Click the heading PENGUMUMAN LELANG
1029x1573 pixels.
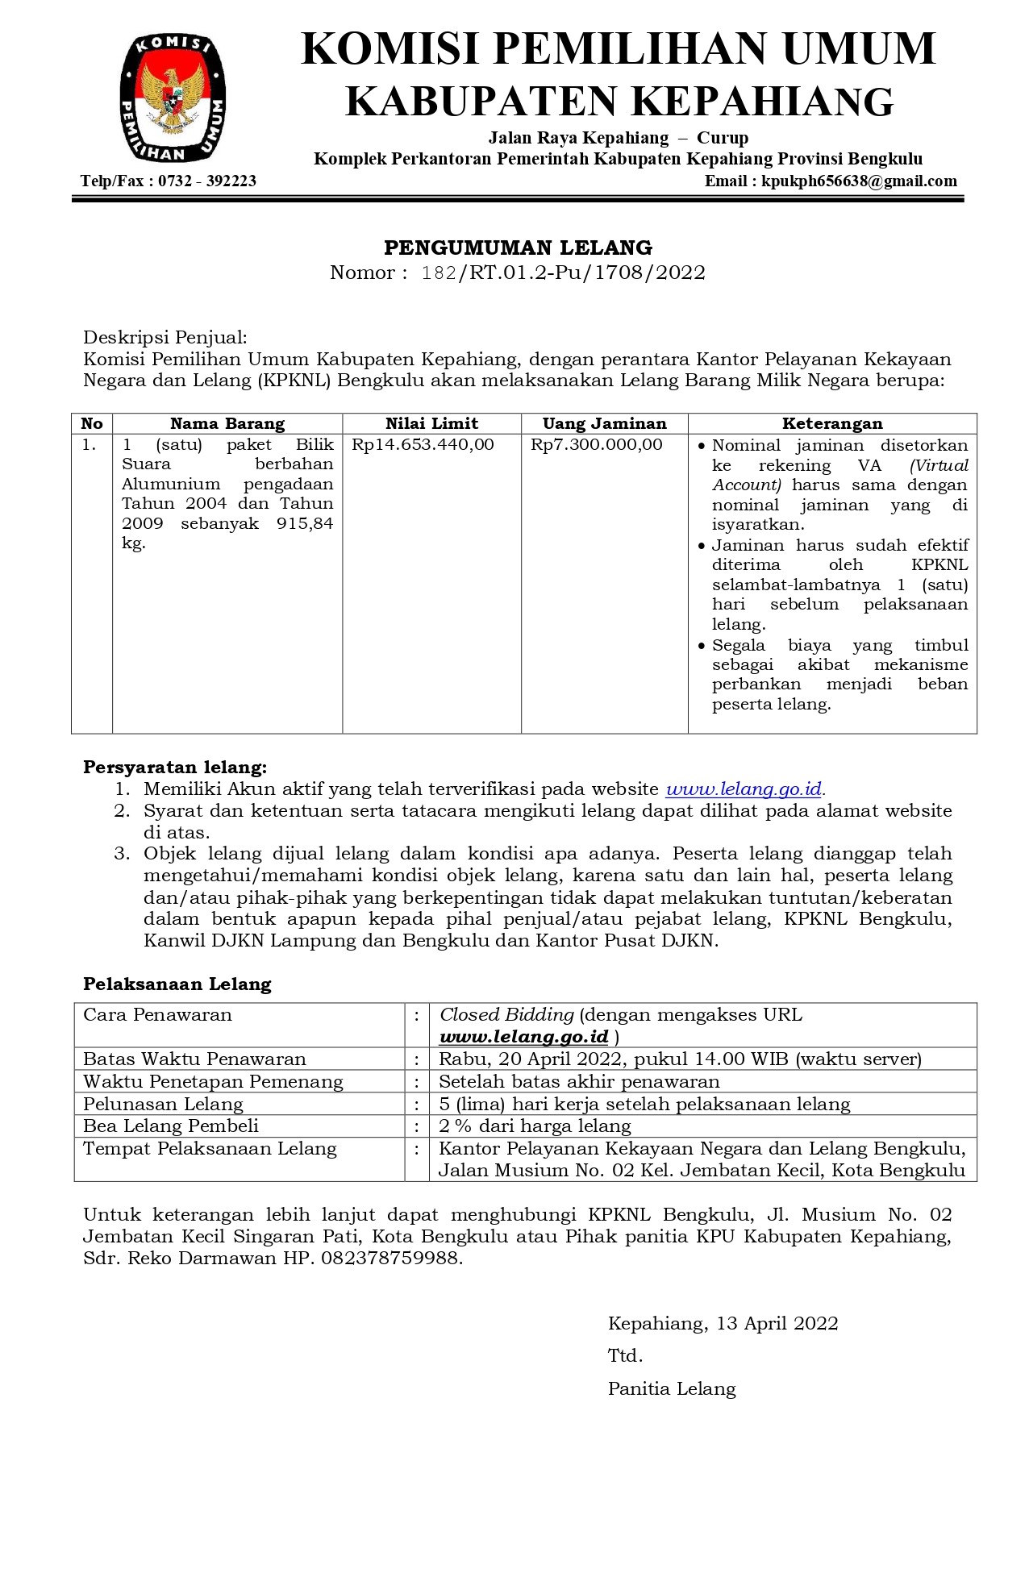tap(518, 248)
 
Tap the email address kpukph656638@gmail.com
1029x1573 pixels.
tap(859, 181)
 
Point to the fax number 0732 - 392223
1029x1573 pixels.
tap(207, 181)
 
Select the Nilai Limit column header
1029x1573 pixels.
tap(431, 424)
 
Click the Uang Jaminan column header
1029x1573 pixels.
tap(604, 424)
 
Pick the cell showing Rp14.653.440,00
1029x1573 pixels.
tap(423, 445)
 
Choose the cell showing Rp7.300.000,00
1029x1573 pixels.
tap(596, 445)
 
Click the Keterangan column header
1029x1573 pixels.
tap(832, 424)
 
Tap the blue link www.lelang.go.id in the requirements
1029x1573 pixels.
tap(744, 789)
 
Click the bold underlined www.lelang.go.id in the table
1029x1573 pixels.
tap(524, 1037)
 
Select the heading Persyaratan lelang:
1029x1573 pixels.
tap(175, 768)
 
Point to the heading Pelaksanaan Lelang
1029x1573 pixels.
tap(177, 984)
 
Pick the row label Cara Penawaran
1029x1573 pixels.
tap(157, 1015)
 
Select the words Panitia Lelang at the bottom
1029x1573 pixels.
tap(672, 1388)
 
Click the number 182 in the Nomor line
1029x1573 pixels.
tap(440, 273)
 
